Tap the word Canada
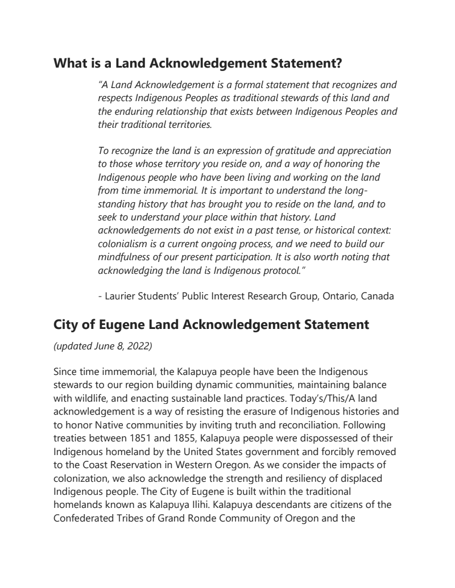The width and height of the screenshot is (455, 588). (378, 296)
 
